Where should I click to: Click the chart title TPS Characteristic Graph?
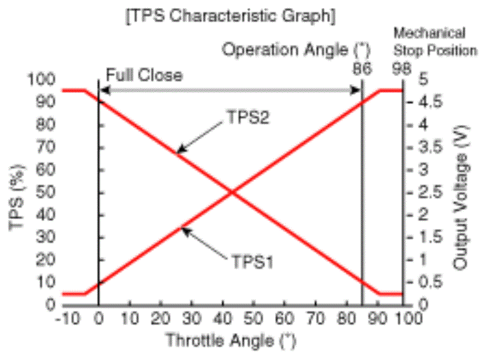[x=231, y=16]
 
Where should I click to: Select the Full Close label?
[x=144, y=75]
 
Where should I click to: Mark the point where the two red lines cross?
[x=232, y=192]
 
